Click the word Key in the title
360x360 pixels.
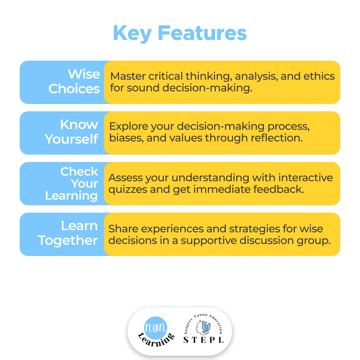132,34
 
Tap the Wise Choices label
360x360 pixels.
74,81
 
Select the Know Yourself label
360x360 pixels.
72,132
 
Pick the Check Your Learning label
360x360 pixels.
72,183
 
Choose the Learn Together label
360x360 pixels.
68,233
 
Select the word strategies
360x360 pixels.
254,229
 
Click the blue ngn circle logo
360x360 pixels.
156,328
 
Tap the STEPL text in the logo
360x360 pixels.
203,340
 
